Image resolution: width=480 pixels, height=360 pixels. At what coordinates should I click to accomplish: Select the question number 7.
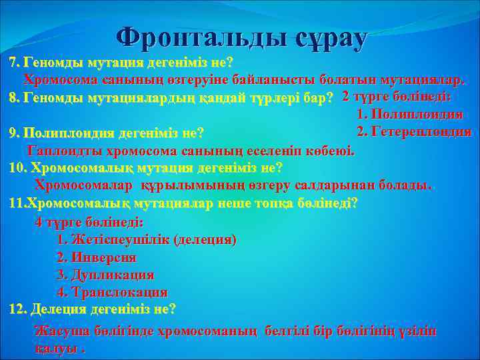click(x=13, y=63)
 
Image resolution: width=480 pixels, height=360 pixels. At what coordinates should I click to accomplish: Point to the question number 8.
click(x=13, y=98)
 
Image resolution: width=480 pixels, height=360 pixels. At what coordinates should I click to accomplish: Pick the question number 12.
click(x=18, y=309)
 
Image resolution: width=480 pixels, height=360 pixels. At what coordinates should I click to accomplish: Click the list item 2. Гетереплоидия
click(x=414, y=131)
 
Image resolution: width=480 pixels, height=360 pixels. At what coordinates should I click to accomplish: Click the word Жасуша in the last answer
click(x=60, y=331)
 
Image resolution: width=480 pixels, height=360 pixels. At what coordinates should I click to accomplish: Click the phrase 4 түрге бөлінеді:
click(x=89, y=222)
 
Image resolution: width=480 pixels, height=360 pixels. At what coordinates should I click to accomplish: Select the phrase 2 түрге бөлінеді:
click(x=396, y=97)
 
